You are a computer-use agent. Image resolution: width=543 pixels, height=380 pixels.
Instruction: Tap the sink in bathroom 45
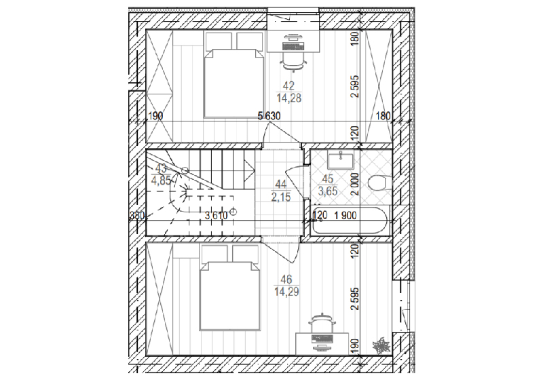click(x=340, y=161)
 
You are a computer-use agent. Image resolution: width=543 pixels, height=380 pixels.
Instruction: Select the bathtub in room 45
click(x=350, y=220)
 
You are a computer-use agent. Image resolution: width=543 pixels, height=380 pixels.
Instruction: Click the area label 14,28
click(x=289, y=98)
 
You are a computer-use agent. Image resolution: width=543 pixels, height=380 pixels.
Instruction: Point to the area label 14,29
click(x=286, y=291)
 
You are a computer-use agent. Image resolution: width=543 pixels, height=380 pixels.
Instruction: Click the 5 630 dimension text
click(x=269, y=115)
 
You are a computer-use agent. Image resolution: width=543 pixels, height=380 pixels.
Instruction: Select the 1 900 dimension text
click(x=345, y=216)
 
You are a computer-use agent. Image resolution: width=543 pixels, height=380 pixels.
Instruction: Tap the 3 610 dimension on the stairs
click(x=216, y=216)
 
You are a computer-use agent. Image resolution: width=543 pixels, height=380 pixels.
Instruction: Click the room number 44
click(x=281, y=184)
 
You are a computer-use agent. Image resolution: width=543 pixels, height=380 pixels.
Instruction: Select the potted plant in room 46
click(x=381, y=344)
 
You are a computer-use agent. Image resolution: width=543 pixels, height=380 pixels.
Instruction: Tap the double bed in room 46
click(x=229, y=288)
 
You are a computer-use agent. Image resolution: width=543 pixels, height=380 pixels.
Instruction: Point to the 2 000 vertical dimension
click(x=355, y=184)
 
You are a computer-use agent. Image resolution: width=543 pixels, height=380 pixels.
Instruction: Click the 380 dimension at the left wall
click(x=137, y=216)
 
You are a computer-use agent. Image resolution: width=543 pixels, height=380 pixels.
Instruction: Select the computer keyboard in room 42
click(x=293, y=45)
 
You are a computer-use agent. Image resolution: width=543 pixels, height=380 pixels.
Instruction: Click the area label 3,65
click(x=328, y=191)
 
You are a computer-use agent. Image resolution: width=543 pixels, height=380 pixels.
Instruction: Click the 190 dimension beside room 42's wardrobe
click(x=156, y=116)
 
